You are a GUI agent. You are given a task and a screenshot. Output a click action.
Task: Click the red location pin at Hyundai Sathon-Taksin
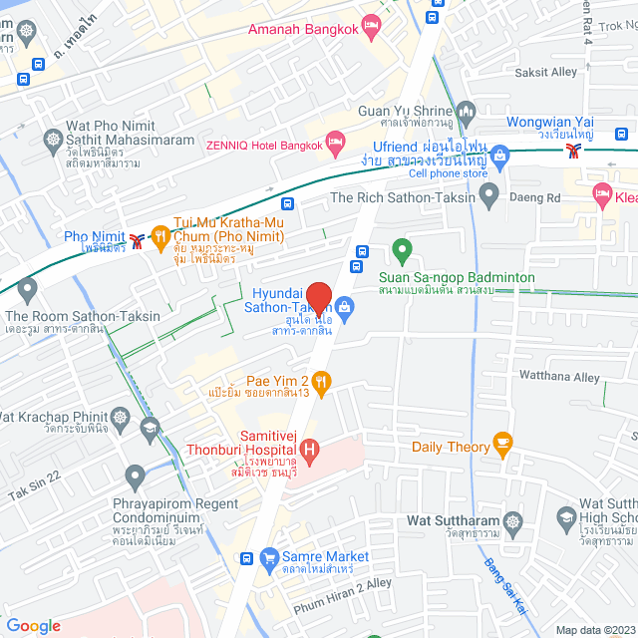pos(318,298)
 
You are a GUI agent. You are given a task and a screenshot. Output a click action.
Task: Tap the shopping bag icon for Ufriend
pos(499,154)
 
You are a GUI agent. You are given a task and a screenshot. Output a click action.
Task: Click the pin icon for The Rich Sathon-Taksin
pos(488,197)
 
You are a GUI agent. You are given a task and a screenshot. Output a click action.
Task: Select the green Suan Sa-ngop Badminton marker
pos(402,249)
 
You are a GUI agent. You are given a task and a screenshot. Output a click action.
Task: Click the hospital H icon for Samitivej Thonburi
pos(309,452)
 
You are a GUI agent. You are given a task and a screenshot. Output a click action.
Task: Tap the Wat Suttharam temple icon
pos(512,521)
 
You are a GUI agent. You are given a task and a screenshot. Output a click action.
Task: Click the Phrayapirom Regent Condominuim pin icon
pos(136,475)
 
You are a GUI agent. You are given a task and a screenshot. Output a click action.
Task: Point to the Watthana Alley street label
pos(559,376)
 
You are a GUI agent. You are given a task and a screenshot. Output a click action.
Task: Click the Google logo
pos(33,626)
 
